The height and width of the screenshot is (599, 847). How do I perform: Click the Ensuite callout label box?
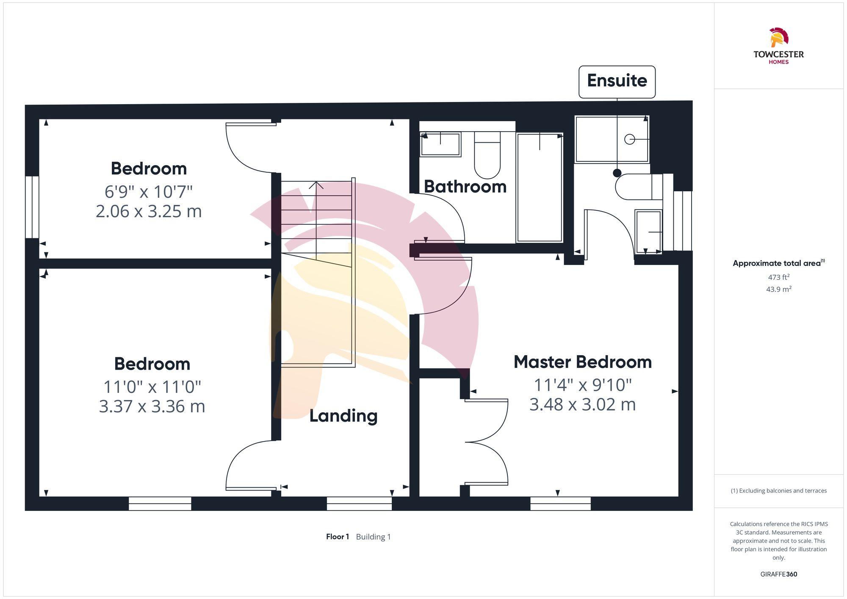click(x=617, y=81)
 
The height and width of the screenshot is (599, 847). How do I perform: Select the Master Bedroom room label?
click(x=582, y=362)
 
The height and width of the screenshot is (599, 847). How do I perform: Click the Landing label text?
click(x=343, y=416)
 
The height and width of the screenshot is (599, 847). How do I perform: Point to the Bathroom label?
click(x=465, y=187)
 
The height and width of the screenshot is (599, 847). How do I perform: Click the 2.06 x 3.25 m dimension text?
click(x=149, y=211)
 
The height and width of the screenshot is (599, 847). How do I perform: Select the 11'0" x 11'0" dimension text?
click(x=152, y=386)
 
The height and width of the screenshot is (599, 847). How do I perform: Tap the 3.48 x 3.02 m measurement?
click(x=582, y=405)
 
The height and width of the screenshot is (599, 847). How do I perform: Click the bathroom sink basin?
click(x=440, y=144)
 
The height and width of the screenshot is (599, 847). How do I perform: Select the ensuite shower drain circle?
click(x=629, y=139)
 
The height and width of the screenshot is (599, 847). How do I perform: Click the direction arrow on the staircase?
click(x=316, y=185)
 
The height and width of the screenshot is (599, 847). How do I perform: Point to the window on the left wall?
click(x=32, y=207)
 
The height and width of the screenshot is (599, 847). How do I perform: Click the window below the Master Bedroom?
click(x=560, y=503)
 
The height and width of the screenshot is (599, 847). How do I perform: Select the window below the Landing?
click(x=359, y=503)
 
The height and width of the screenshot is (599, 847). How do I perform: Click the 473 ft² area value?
click(x=778, y=277)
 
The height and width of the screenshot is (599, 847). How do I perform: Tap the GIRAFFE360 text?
click(x=778, y=574)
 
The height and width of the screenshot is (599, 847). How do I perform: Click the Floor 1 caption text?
click(x=338, y=537)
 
